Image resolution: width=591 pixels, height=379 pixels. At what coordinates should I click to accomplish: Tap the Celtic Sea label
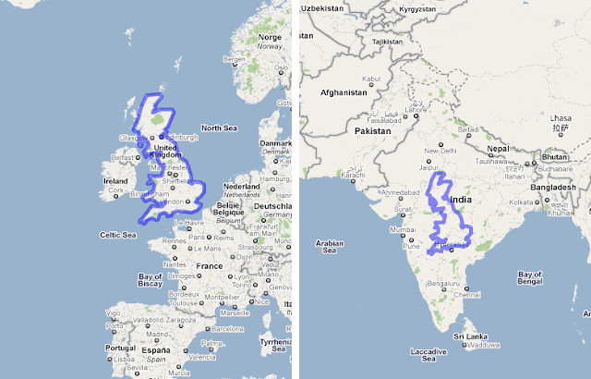[117, 235]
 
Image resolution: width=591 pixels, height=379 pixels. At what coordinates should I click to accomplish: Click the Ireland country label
[116, 181]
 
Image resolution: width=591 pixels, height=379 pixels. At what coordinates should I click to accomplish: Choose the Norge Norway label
[270, 41]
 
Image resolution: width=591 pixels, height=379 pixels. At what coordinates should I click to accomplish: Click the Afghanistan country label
[344, 92]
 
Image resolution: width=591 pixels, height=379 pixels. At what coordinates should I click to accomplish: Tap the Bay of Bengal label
[531, 279]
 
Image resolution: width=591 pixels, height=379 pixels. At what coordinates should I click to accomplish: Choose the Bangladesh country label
[554, 186]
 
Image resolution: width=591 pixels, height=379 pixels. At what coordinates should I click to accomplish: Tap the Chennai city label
[466, 295]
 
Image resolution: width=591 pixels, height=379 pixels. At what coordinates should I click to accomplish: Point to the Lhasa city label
[560, 118]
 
